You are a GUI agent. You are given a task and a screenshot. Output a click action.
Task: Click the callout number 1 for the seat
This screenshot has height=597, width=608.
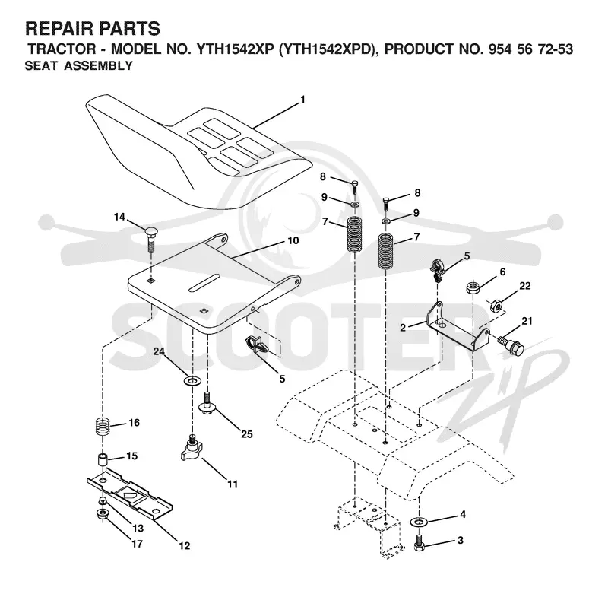coord(302,100)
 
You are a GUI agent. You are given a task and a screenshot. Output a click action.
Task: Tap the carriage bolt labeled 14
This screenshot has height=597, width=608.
coord(151,240)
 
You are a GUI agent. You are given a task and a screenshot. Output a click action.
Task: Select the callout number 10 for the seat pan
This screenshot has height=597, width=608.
coord(293,240)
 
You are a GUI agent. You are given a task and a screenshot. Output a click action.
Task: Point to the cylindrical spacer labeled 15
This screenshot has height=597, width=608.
coord(102,460)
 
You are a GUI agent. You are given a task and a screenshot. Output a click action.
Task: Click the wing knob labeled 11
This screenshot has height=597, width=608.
coord(191,449)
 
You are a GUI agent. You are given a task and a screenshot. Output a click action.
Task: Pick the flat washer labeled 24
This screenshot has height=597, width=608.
coord(192,380)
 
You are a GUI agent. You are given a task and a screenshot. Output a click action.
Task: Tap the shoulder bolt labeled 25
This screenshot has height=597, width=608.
coord(207,404)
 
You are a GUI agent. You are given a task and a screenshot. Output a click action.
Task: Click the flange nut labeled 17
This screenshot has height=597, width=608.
coord(102,515)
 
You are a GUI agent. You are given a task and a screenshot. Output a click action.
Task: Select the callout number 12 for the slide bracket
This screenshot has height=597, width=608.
coord(185,546)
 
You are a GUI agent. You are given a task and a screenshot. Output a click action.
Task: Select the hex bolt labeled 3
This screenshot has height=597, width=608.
coord(419,541)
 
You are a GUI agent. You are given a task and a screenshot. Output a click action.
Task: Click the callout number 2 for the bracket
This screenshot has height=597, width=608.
coord(403,328)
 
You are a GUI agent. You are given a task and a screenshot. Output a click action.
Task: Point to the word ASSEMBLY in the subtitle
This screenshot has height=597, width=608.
coord(99,66)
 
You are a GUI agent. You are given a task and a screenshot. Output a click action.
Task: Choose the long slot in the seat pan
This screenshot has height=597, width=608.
coord(204,282)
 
